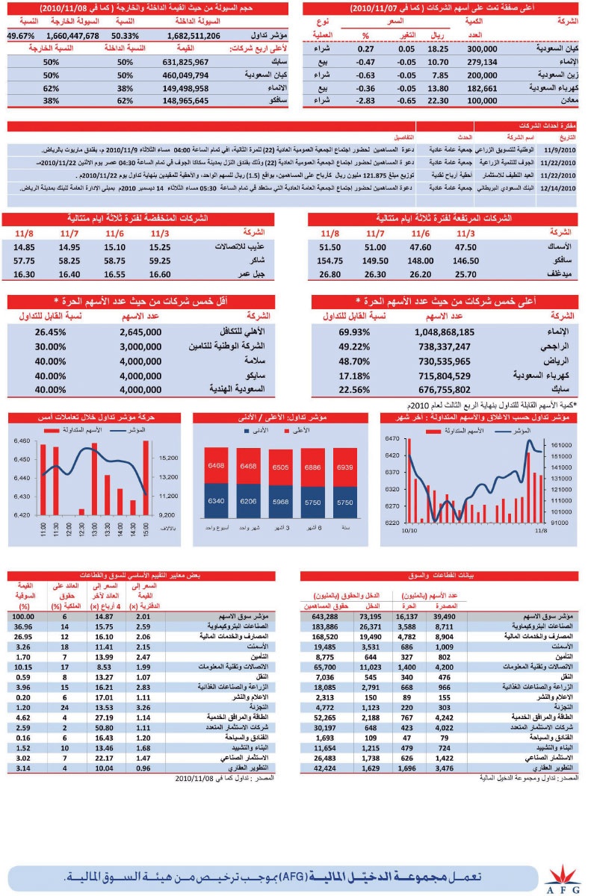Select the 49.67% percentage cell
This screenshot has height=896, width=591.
point(22,35)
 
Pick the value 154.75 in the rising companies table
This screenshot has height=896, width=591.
point(329,261)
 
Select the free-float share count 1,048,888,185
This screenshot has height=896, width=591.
point(438,332)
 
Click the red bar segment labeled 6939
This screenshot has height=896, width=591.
point(344,467)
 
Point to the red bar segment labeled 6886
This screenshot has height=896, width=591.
point(312,467)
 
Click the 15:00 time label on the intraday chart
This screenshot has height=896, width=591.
point(145,531)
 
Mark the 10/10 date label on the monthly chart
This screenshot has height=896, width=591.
point(409,531)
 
